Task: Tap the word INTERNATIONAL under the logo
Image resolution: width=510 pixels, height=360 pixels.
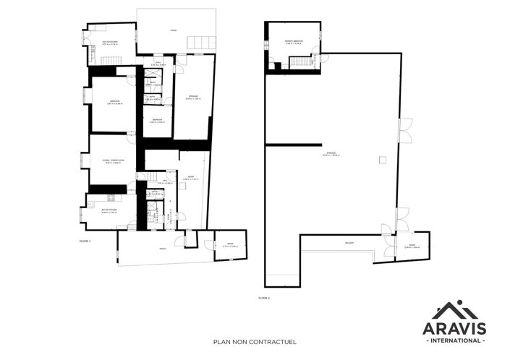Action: [x=459, y=340]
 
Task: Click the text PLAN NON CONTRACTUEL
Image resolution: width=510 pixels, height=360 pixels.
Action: [x=255, y=343]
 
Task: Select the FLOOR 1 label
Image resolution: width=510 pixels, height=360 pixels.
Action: [x=85, y=241]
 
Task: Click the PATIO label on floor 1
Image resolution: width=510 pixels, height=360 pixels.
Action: [x=174, y=30]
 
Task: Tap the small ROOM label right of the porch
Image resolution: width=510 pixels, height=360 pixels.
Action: [x=230, y=246]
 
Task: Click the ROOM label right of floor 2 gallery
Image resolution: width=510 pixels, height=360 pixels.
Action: [x=411, y=247]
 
